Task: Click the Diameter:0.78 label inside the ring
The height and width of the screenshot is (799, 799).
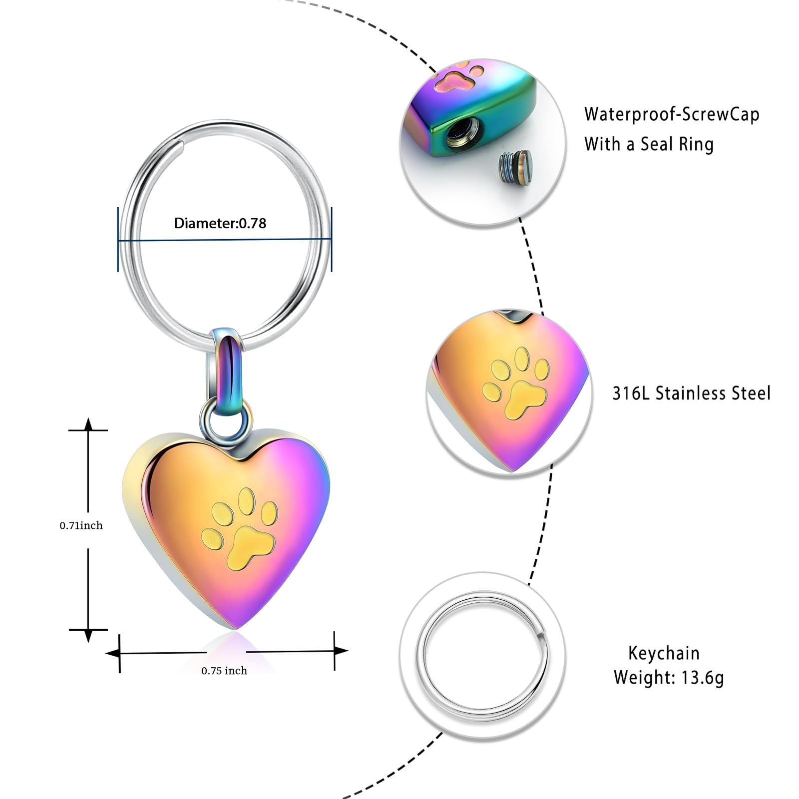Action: coord(220,223)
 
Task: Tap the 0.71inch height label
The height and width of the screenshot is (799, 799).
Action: coord(81,525)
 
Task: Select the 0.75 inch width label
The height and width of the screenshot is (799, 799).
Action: coord(224,671)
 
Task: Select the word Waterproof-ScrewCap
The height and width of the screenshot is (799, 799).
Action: coord(672,114)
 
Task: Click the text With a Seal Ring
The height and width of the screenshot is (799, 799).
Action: coord(649,144)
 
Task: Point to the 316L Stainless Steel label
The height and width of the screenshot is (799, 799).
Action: coord(692,393)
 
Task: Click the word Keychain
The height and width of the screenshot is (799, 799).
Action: coord(664,653)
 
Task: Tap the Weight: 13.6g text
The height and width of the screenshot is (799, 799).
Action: coord(669,678)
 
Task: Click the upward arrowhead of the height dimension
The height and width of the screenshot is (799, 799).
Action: coord(88,424)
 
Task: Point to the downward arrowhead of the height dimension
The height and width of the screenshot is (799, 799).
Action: coord(88,636)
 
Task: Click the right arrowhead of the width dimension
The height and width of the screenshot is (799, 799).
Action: coord(341,651)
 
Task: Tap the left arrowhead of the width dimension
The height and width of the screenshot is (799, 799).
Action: coord(113,653)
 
